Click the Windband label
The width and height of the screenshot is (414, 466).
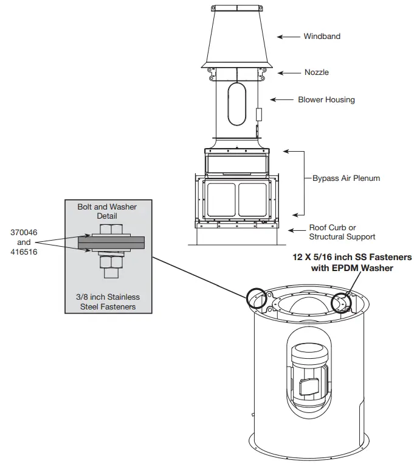pyautogui.click(x=322, y=37)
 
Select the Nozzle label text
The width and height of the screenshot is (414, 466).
pyautogui.click(x=316, y=72)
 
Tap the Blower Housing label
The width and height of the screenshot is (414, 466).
pyautogui.click(x=326, y=100)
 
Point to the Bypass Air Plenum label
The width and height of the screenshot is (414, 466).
pyautogui.click(x=346, y=178)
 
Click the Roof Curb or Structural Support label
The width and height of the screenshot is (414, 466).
pyautogui.click(x=342, y=232)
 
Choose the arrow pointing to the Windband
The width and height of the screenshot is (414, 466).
pyautogui.click(x=288, y=37)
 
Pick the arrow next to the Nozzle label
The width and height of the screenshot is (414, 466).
pyautogui.click(x=289, y=72)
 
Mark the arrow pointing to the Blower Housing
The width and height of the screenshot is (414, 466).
pyautogui.click(x=281, y=100)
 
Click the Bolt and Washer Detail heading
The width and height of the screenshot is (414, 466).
pyautogui.click(x=107, y=211)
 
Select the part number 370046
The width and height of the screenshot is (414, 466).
pyautogui.click(x=22, y=233)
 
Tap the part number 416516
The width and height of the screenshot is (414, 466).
pyautogui.click(x=22, y=251)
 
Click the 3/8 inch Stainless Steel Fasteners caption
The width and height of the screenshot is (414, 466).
pyautogui.click(x=108, y=302)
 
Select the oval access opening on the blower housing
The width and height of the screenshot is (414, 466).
pyautogui.click(x=235, y=105)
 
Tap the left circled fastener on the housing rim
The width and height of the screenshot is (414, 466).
pyautogui.click(x=256, y=297)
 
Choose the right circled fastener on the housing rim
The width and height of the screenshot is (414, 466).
pyautogui.click(x=342, y=301)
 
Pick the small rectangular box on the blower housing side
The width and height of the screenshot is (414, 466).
pyautogui.click(x=258, y=115)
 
